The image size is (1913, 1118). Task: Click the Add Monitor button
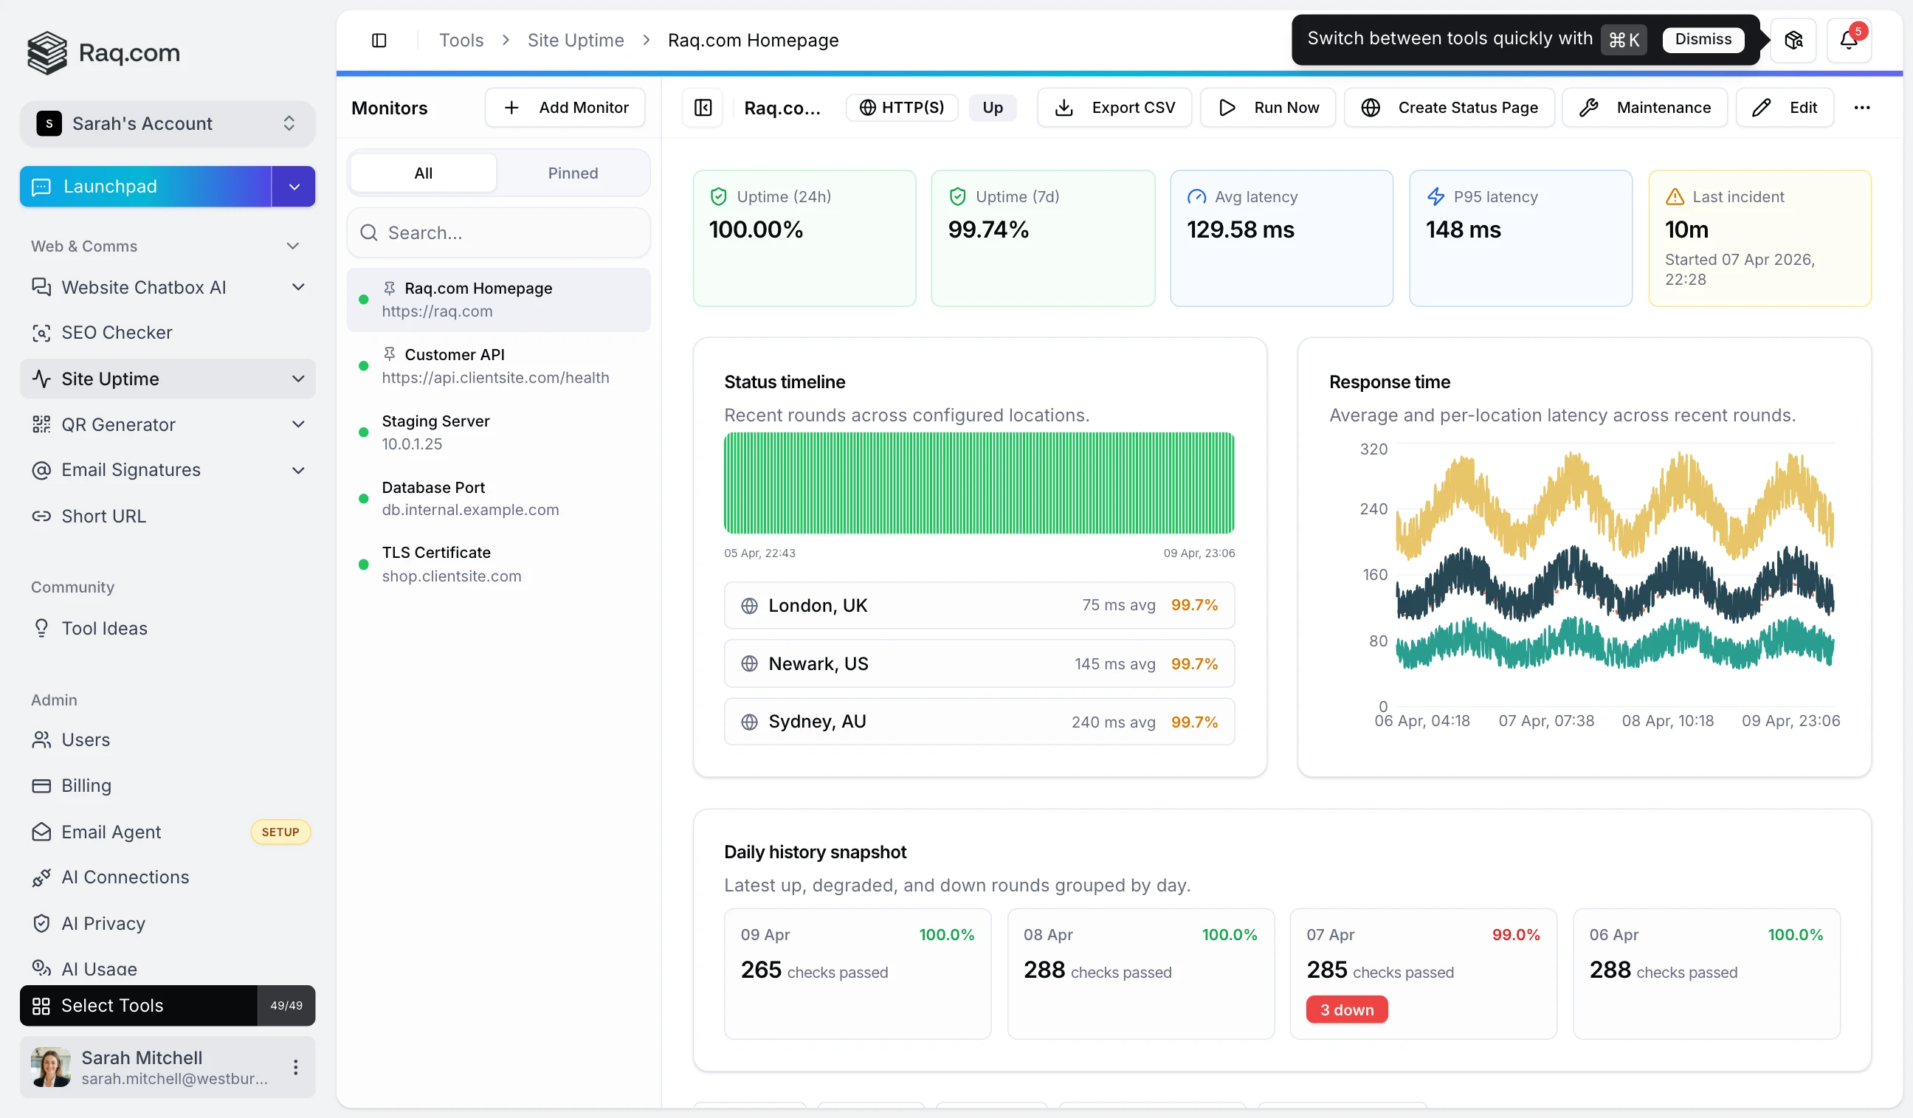click(565, 108)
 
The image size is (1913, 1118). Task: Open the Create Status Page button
click(1449, 108)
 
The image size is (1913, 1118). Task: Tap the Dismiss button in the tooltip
click(1703, 39)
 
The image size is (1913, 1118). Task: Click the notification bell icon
click(1848, 41)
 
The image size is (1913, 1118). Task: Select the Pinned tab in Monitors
click(573, 173)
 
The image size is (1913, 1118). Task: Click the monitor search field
click(499, 233)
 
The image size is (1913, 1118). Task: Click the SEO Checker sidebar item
click(117, 332)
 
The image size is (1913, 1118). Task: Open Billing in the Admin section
click(86, 786)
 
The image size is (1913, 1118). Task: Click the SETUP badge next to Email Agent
click(280, 832)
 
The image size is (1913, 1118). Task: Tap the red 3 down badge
click(1346, 1010)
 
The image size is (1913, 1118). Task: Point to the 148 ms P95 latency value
click(1463, 230)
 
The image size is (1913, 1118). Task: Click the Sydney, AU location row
click(979, 721)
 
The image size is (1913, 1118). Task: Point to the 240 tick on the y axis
click(1373, 509)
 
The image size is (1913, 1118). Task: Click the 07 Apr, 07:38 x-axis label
click(1545, 720)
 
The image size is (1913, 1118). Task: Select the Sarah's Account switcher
click(167, 124)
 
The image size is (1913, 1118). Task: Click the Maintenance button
click(1644, 108)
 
